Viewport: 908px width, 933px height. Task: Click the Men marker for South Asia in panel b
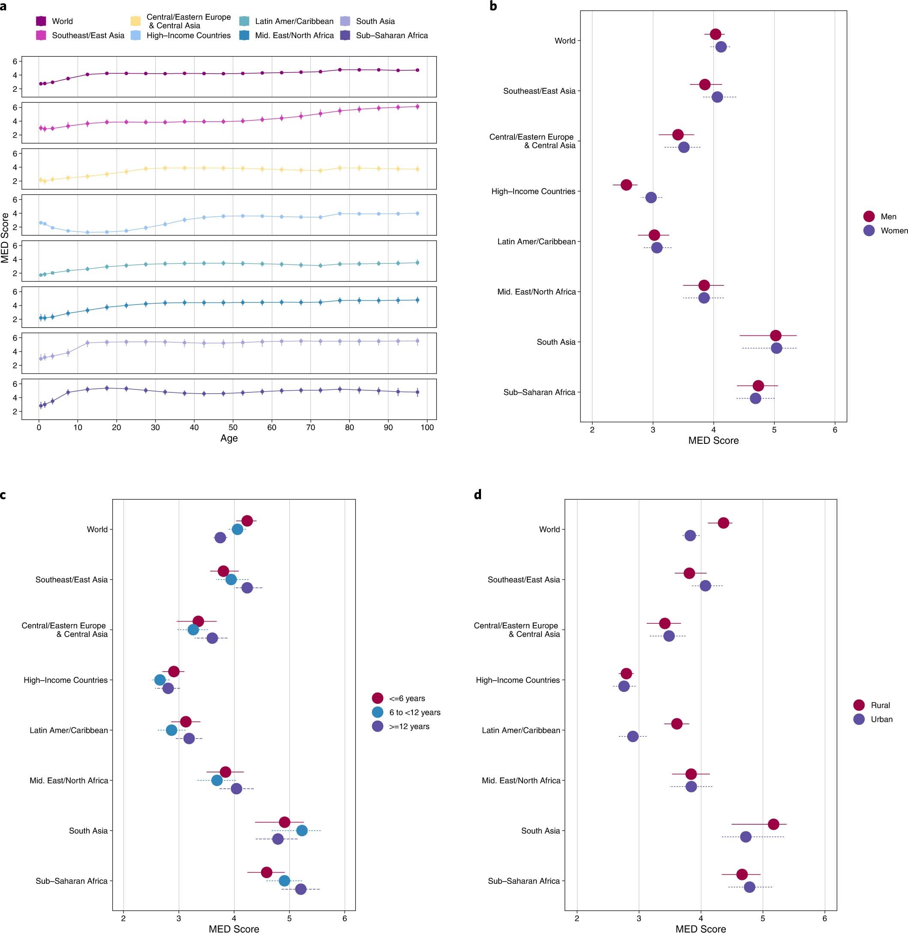tap(776, 335)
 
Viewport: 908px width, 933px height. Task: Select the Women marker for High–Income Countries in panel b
tap(651, 197)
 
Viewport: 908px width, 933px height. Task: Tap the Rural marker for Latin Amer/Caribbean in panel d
tap(676, 724)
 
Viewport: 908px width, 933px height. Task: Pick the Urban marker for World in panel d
tap(690, 535)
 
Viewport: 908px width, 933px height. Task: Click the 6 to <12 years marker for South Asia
tap(302, 831)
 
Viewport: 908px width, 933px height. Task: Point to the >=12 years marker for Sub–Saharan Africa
tap(301, 889)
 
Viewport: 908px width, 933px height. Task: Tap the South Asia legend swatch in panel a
tap(346, 21)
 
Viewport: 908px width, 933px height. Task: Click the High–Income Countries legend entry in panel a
tap(188, 35)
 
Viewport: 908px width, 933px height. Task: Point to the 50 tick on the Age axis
tap(233, 428)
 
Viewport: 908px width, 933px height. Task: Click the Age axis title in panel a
tap(229, 438)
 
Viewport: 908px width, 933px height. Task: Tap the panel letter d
tap(478, 495)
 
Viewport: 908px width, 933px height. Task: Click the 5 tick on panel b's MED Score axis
tap(774, 429)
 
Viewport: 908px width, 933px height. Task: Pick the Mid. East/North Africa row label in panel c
tap(69, 780)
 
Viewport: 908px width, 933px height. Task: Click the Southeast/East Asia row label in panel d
tap(523, 580)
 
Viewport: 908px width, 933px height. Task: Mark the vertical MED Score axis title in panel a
tap(5, 238)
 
